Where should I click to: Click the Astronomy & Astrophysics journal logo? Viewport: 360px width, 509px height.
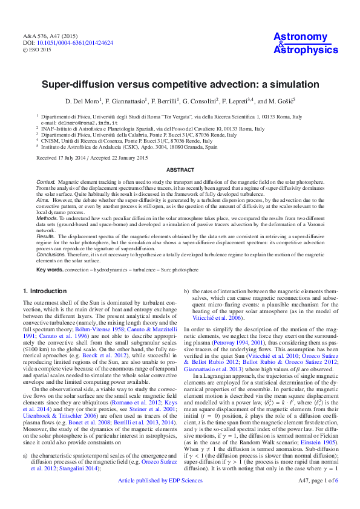click(305, 44)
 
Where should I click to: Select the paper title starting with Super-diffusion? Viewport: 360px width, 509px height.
click(180, 85)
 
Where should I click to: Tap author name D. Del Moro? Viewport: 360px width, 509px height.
click(83, 100)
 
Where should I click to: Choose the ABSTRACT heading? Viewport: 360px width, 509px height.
click(180, 171)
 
